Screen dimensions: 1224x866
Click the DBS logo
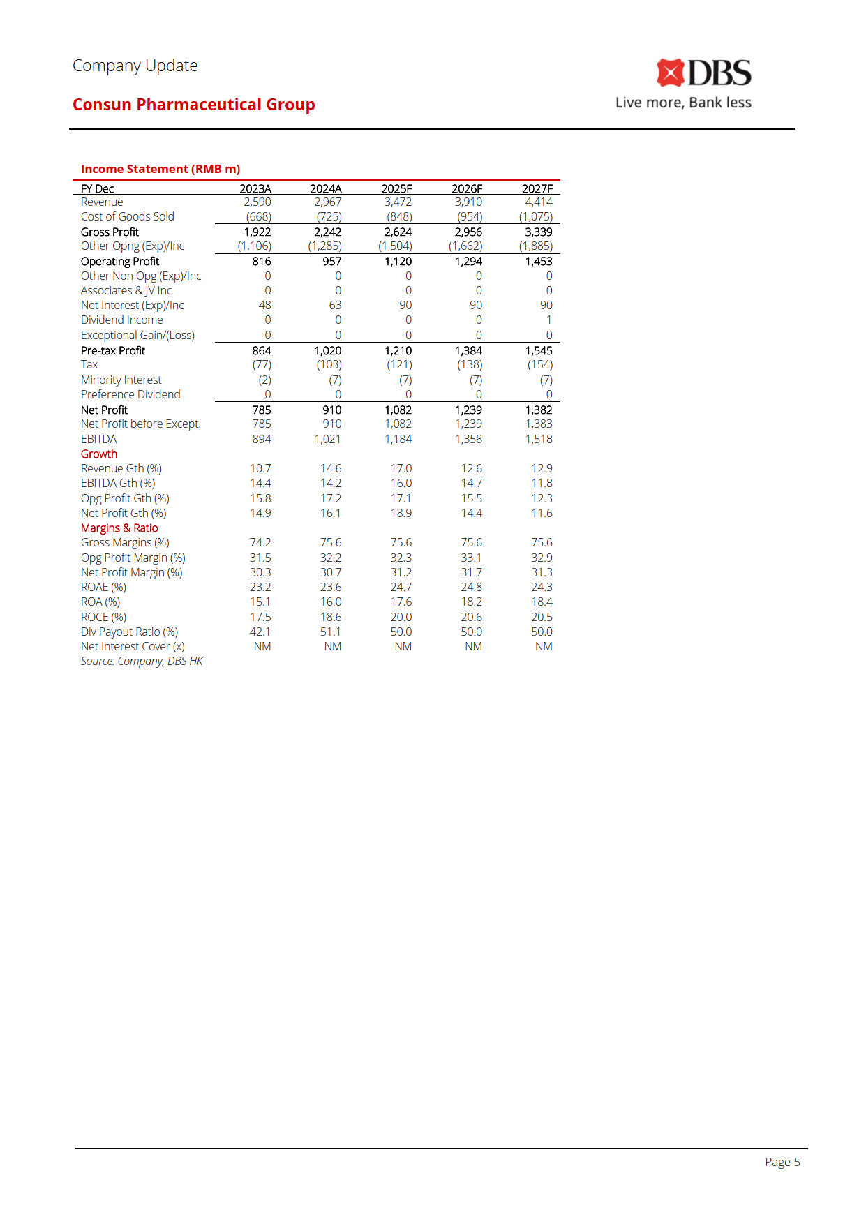[x=703, y=73]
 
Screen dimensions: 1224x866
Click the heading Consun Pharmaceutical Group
[x=193, y=105]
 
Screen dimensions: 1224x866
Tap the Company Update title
[x=135, y=66]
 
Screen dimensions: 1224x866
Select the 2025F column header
[x=396, y=188]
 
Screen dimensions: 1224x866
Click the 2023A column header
[x=255, y=188]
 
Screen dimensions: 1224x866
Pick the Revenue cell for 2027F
[x=538, y=202]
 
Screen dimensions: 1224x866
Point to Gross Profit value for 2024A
[x=327, y=232]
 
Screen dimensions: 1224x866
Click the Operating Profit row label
[x=120, y=262]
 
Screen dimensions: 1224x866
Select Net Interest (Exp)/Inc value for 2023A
[x=264, y=306]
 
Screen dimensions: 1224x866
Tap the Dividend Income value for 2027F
[x=548, y=320]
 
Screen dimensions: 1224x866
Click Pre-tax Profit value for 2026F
[x=468, y=350]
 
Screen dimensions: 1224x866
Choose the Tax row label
[x=89, y=365]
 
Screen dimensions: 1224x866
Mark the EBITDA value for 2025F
[x=398, y=439]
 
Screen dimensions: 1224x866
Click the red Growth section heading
[x=99, y=454]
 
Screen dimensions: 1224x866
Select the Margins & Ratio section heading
[x=119, y=528]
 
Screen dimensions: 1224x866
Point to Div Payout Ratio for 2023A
[x=260, y=632]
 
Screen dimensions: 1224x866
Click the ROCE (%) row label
[x=103, y=618]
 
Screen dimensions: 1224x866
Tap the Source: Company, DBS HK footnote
[x=142, y=662]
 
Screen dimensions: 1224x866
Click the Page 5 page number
[x=782, y=1162]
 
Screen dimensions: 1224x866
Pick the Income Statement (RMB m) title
[x=160, y=169]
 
